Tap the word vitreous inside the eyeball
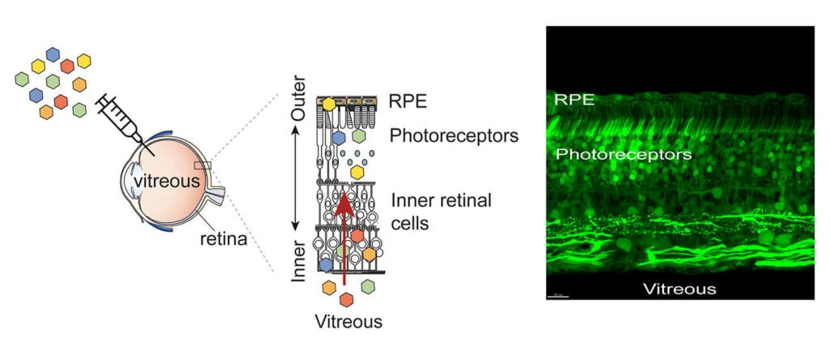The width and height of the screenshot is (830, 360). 166,181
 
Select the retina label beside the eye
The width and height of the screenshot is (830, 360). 224,239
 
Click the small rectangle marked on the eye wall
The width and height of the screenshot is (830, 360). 202,165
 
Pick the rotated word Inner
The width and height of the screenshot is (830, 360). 298,261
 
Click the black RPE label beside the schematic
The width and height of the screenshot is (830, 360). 408,101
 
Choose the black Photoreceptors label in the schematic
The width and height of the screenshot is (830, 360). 454,136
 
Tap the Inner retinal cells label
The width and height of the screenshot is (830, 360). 442,212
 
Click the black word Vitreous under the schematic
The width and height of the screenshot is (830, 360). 349,321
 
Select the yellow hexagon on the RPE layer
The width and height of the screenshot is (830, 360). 329,104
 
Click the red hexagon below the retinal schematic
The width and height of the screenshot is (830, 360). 346,300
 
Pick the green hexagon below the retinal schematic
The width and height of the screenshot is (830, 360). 368,287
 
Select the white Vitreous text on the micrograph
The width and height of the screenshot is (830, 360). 680,289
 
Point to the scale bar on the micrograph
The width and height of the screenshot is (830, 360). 558,296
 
